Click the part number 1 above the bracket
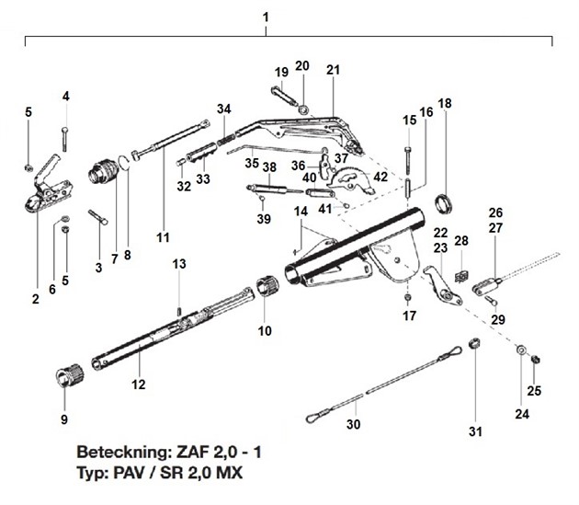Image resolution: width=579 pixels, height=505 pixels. tap(266, 17)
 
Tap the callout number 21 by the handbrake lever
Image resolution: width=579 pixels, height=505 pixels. tap(333, 71)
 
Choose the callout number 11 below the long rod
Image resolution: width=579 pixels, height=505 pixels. tap(163, 237)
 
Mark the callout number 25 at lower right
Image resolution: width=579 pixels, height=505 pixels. tap(534, 390)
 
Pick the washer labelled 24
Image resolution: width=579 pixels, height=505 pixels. tap(520, 352)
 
